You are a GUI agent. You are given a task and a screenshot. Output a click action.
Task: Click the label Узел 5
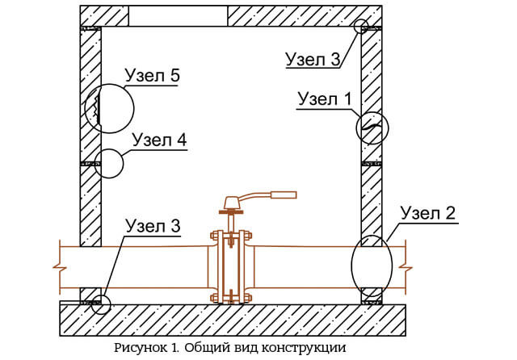tap(153, 75)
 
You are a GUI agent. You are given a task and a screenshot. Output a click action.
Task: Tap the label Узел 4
tap(160, 140)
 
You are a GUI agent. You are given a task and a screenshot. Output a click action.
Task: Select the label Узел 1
tap(325, 98)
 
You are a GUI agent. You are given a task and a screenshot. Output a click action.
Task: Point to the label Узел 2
tap(428, 213)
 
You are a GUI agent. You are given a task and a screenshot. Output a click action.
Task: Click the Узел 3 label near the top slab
tap(313, 59)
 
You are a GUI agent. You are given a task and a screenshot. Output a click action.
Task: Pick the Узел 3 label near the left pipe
tap(153, 226)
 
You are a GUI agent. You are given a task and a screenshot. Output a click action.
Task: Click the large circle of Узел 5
tap(134, 108)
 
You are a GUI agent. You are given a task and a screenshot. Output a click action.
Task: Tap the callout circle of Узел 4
tap(124, 163)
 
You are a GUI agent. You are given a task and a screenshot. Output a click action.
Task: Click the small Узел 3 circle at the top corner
tap(361, 19)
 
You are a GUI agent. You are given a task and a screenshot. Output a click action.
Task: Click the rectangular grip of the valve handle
tap(284, 195)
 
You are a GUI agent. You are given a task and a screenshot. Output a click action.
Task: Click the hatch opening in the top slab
tap(178, 16)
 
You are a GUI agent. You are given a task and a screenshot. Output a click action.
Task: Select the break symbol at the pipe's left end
tap(60, 267)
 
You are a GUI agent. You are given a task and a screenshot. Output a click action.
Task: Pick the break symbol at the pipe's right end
tap(406, 267)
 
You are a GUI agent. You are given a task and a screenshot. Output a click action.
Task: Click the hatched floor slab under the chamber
tap(233, 320)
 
